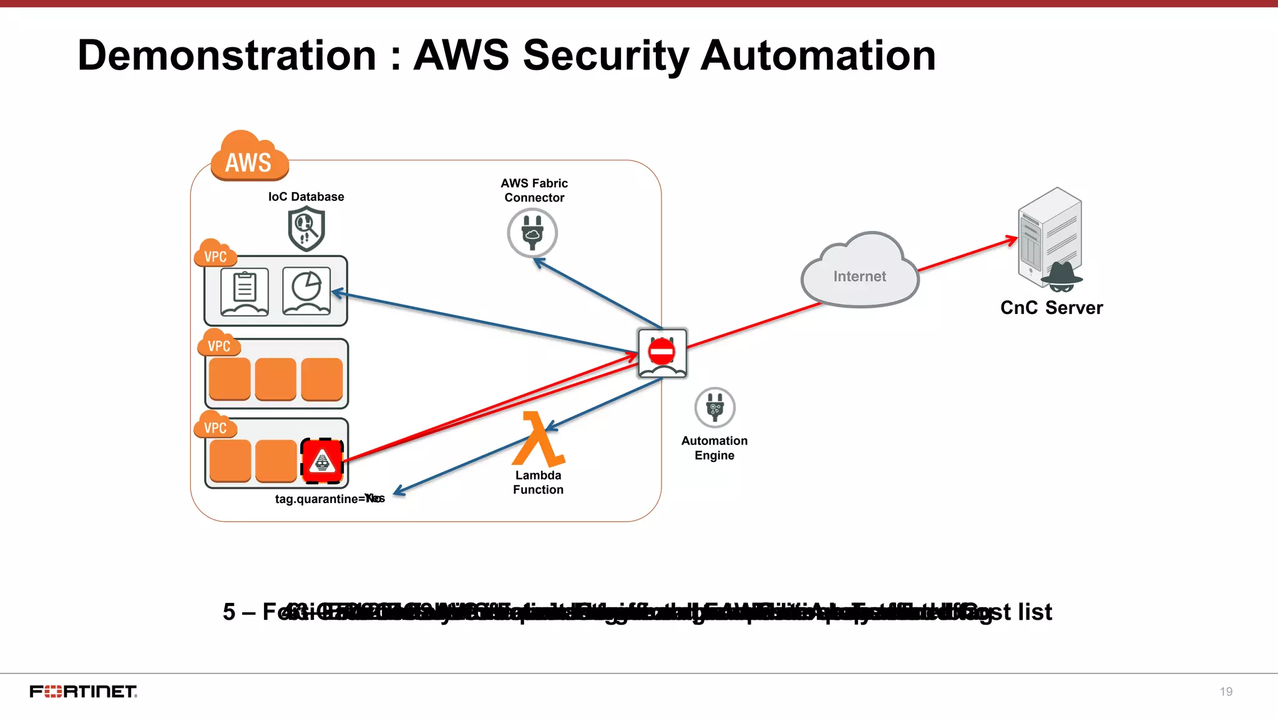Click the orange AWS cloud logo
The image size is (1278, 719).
click(x=250, y=157)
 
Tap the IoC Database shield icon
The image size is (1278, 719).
click(x=306, y=229)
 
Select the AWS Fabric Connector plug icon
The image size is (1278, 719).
click(x=532, y=233)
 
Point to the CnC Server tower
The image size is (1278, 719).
click(x=1050, y=237)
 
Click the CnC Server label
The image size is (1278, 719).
click(x=1051, y=308)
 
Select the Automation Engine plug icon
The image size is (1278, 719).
click(x=715, y=408)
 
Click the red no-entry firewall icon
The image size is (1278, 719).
click(x=662, y=353)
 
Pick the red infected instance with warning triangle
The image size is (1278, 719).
click(x=322, y=461)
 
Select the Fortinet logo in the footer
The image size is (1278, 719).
click(x=83, y=692)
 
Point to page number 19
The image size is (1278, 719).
click(x=1226, y=692)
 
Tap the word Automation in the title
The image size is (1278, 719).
click(x=818, y=56)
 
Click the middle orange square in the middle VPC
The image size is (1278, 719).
click(x=276, y=379)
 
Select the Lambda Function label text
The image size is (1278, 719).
click(x=538, y=482)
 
